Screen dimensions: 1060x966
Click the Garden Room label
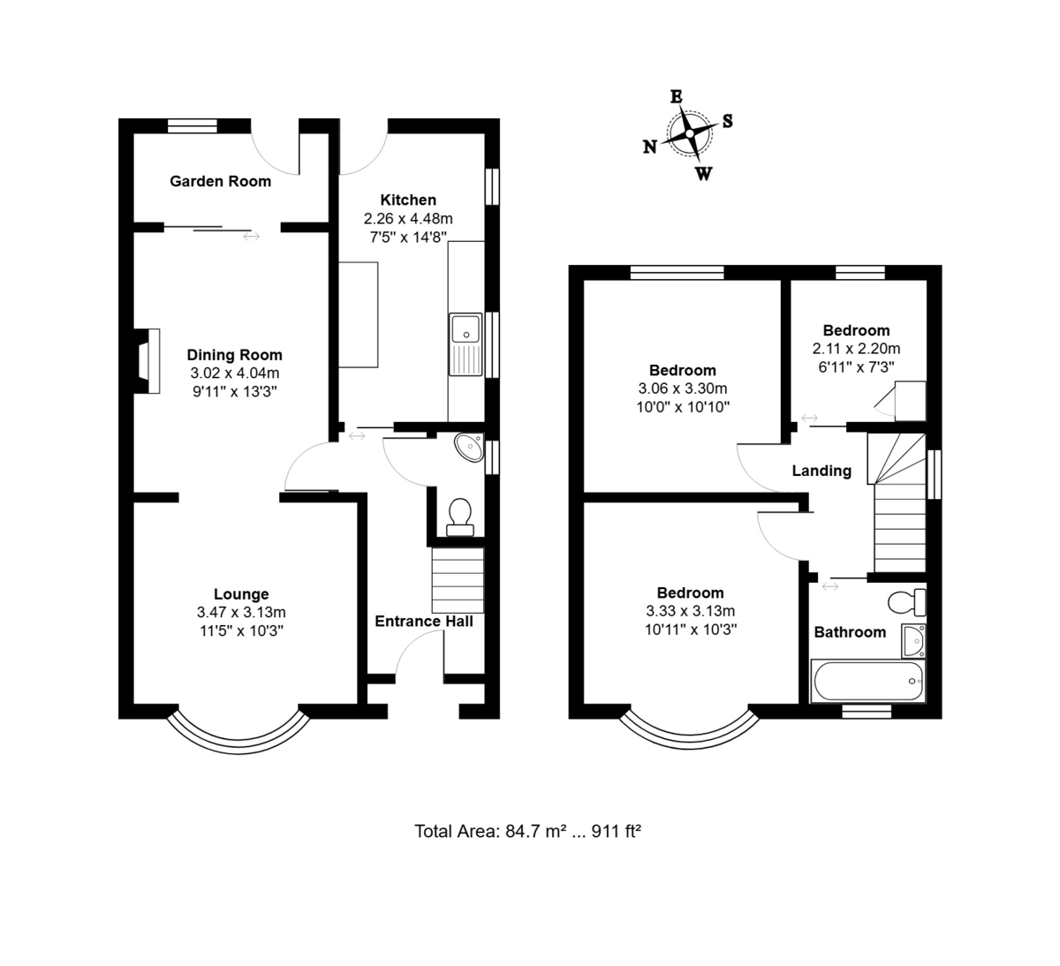tap(220, 181)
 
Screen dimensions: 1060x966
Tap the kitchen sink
tap(466, 344)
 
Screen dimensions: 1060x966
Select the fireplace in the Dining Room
tap(147, 361)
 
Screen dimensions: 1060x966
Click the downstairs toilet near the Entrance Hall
tap(459, 517)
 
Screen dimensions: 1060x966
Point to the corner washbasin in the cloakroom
tap(470, 447)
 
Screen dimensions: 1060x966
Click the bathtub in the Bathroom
tap(868, 681)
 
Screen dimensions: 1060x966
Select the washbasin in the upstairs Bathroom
tap(913, 641)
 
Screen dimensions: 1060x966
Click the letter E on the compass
tap(677, 97)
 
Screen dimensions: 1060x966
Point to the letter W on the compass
tap(704, 173)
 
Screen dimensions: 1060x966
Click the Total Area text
tap(528, 832)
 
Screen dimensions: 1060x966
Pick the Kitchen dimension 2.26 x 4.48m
tap(408, 218)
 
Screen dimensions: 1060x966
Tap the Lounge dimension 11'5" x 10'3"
tap(241, 631)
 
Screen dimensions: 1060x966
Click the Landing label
tap(821, 471)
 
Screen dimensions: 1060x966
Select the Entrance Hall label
tap(424, 622)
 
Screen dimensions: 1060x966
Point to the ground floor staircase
tap(458, 580)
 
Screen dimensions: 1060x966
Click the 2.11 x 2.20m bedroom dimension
tap(856, 349)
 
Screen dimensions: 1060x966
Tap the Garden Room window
tap(193, 125)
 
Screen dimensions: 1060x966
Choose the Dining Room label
tap(235, 355)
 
